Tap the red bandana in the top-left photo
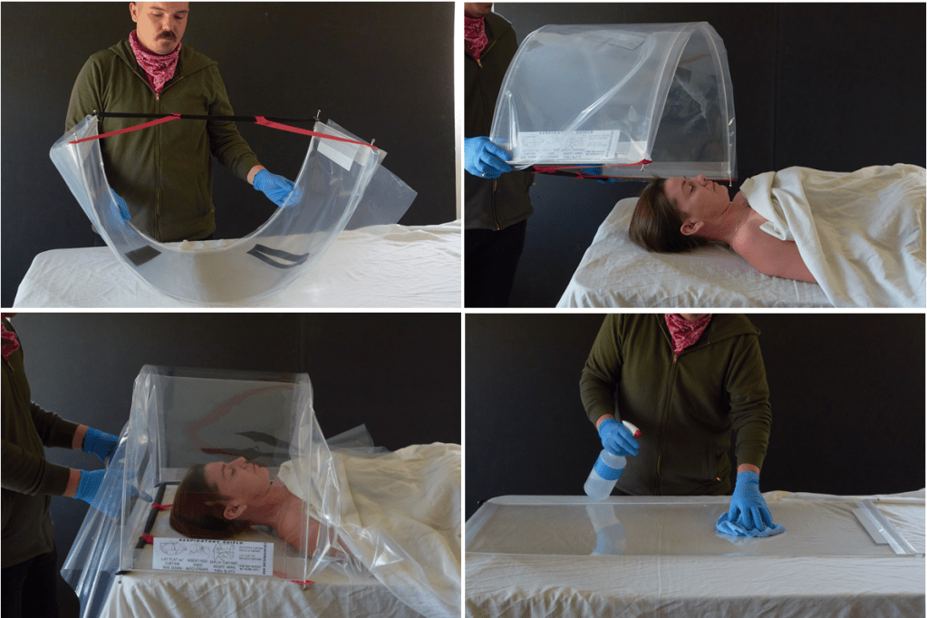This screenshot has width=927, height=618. [155, 62]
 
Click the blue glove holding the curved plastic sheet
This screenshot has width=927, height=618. [275, 187]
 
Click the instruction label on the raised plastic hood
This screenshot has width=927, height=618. [566, 146]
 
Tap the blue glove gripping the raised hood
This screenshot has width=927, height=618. [486, 157]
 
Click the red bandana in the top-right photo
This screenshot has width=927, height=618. [476, 32]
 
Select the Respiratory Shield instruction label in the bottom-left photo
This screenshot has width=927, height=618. [212, 555]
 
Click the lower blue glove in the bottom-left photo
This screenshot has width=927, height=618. [92, 486]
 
